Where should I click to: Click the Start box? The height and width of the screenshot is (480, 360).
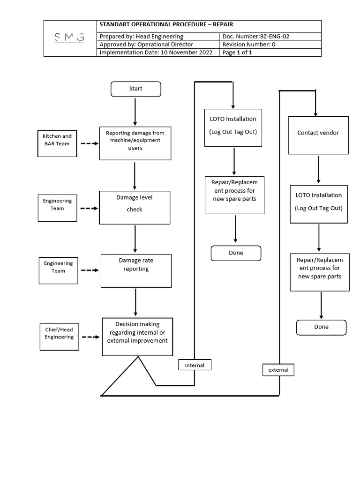tap(135, 89)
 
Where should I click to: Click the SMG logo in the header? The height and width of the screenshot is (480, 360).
tap(69, 38)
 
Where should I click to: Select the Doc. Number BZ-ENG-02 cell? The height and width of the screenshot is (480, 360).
tap(270, 37)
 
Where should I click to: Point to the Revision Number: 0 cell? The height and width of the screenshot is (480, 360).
tap(270, 45)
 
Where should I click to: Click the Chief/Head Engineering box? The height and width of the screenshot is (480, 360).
tap(59, 334)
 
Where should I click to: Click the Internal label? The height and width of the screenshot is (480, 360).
tap(195, 365)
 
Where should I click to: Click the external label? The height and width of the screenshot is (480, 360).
tap(278, 370)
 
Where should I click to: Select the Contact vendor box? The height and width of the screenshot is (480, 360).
tap(318, 134)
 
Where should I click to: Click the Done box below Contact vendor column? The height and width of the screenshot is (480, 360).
tap(321, 327)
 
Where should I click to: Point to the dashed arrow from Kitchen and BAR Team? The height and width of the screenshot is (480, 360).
tap(89, 143)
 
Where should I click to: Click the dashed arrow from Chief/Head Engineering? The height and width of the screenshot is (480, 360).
tap(90, 337)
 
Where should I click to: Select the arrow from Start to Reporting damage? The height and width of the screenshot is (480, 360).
tap(135, 112)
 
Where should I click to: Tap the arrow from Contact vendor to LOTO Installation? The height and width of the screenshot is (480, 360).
tap(319, 169)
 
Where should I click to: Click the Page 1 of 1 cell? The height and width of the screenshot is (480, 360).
tap(270, 52)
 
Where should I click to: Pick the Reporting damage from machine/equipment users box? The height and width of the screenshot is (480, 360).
tap(135, 143)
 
